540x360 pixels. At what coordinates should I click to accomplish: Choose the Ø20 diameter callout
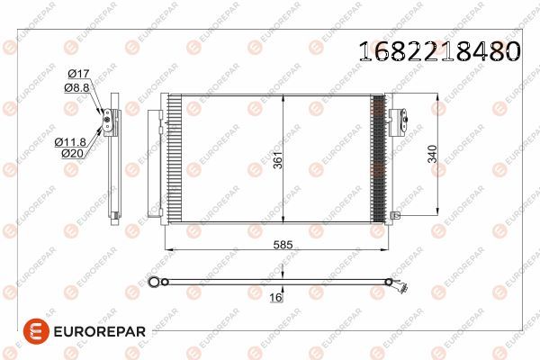pyautogui.click(x=73, y=154)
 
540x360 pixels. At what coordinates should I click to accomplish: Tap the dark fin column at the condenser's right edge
pyautogui.click(x=377, y=158)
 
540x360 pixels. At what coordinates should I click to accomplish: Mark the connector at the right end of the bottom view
pyautogui.click(x=399, y=287)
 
